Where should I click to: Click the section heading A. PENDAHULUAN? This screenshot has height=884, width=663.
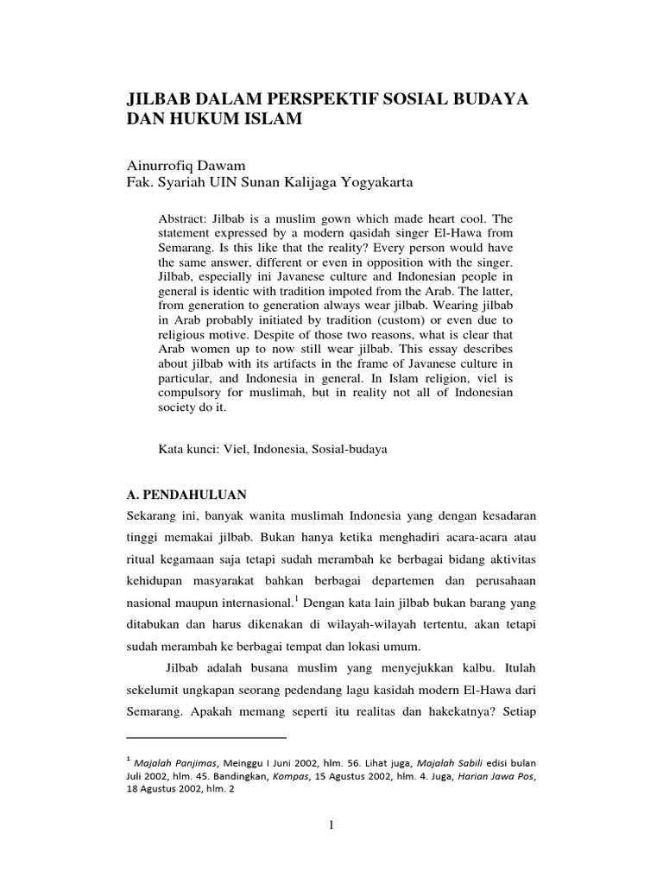pyautogui.click(x=186, y=495)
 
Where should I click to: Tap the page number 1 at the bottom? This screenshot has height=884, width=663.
pyautogui.click(x=331, y=824)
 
